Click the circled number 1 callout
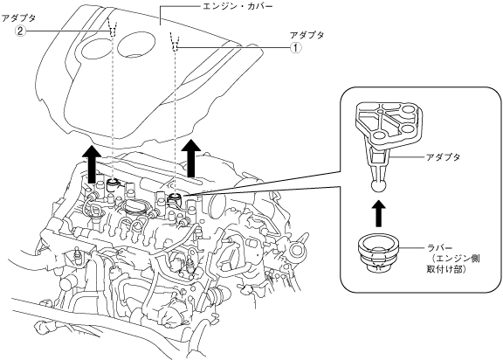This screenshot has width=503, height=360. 296,48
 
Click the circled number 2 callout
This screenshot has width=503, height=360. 20,31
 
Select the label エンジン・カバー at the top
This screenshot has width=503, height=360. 238,6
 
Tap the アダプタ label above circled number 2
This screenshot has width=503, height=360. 18,18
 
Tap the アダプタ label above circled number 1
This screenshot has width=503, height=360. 307,35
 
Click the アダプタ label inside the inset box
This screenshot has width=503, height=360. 443,157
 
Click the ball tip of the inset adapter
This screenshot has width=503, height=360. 378,186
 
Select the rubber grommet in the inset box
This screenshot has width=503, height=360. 378,253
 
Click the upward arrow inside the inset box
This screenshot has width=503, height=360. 379,213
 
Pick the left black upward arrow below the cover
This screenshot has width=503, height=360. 91,163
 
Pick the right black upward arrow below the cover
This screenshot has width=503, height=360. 191,158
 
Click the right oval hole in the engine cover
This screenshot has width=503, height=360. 137,45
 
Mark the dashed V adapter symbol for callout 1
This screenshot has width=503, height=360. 176,42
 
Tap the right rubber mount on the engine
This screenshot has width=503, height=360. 176,199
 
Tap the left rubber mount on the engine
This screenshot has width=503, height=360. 113,185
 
